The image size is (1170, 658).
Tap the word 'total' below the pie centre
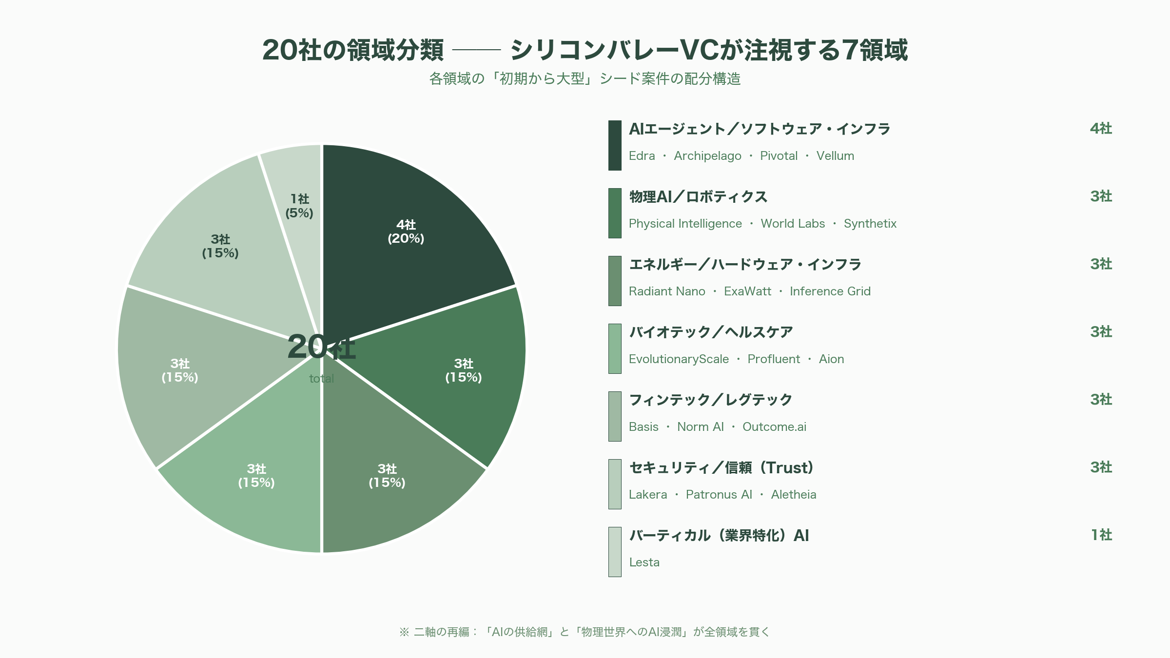322,379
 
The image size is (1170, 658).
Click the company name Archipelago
707,156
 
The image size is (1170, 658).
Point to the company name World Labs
793,224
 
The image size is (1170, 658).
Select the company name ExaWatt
747,291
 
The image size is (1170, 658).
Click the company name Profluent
774,359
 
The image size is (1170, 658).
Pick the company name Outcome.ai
774,427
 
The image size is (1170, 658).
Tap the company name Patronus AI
719,495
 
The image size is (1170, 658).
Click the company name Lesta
644,562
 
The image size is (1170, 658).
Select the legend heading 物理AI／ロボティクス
698,197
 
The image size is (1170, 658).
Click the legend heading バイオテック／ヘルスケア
711,332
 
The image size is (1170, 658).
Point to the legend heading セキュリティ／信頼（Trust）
721,468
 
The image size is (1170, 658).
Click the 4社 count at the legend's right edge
1101,129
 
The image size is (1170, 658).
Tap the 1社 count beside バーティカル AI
1101,535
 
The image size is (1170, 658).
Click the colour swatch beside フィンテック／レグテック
615,416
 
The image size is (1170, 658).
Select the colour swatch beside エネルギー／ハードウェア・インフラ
615,281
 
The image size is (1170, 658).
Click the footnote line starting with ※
585,632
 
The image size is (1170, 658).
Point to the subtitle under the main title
585,79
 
